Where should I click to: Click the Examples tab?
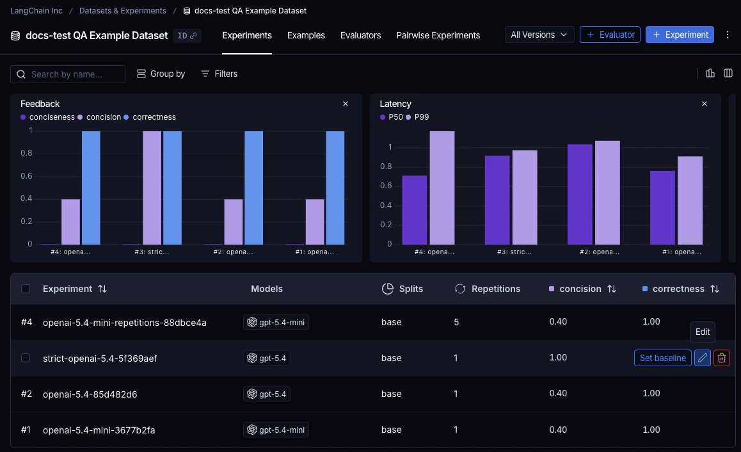[x=306, y=35]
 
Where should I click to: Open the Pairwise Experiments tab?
[x=438, y=35]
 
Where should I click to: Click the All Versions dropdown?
[x=539, y=35]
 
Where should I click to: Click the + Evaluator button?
[x=610, y=35]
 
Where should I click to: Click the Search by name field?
[x=68, y=74]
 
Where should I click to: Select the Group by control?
[x=161, y=74]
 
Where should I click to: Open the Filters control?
[x=219, y=74]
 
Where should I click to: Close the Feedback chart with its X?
[x=346, y=104]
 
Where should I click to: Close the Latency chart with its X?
[x=705, y=104]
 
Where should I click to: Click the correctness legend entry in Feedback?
[x=154, y=117]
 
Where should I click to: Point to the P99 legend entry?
[x=422, y=117]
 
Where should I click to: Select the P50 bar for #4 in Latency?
[x=414, y=210]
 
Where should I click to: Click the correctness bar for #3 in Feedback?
[x=172, y=188]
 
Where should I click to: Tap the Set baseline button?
[x=662, y=358]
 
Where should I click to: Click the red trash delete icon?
[x=721, y=358]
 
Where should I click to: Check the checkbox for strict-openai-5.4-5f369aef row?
[x=26, y=358]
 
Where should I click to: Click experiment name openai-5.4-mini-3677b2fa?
[x=99, y=430]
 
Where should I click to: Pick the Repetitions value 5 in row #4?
[x=456, y=322]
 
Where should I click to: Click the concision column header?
[x=580, y=289]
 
